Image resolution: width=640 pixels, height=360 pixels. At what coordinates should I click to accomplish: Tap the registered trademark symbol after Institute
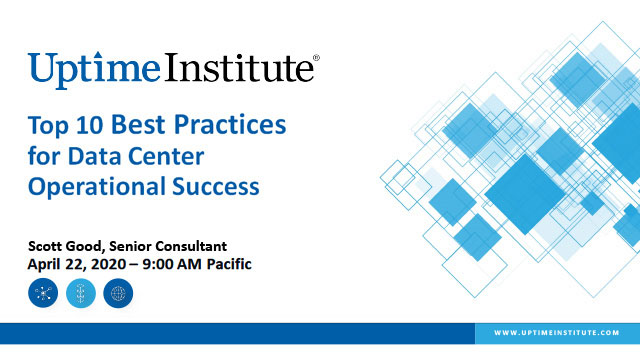(317, 58)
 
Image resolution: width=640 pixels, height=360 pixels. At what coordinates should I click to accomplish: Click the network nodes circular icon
(43, 294)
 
